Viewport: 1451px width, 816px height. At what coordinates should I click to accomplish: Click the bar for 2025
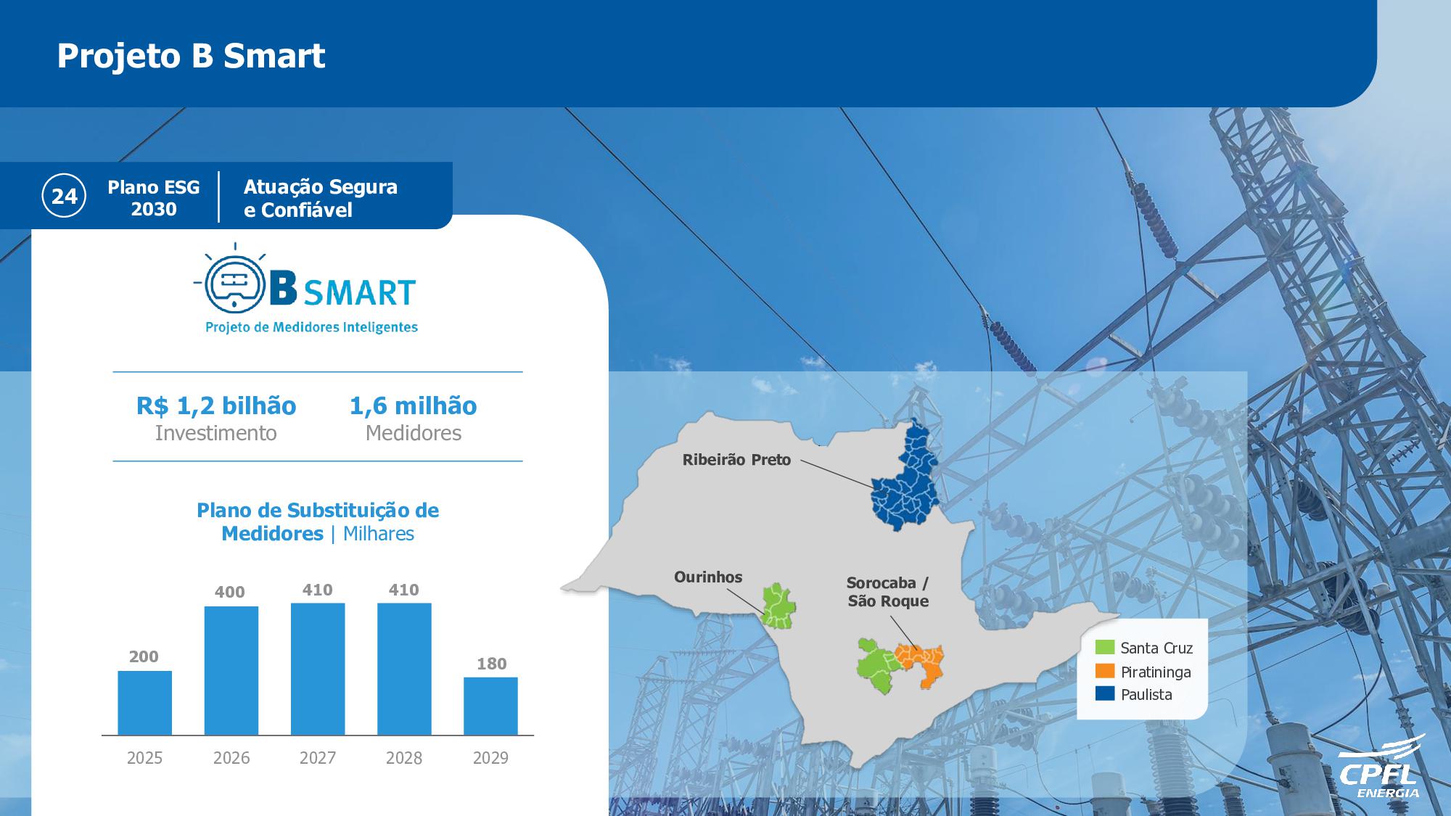[x=145, y=703]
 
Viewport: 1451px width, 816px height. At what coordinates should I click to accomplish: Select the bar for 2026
[x=231, y=671]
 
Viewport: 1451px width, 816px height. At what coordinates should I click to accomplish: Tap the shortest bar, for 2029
[x=491, y=706]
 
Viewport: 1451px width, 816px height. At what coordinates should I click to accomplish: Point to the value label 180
[x=491, y=664]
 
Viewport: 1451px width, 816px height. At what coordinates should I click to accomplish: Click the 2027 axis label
[x=318, y=758]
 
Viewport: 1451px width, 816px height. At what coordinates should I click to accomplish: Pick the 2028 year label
[x=404, y=758]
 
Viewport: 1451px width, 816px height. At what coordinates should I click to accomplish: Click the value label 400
[x=230, y=592]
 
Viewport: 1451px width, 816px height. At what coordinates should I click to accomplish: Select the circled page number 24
[x=65, y=196]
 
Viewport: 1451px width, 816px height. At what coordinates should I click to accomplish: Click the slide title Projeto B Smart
[x=192, y=56]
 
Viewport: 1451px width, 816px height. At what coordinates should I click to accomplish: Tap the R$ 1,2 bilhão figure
[x=216, y=405]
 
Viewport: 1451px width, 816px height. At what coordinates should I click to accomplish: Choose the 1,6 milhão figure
[x=414, y=405]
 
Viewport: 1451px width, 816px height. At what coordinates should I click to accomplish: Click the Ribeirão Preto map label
[x=736, y=460]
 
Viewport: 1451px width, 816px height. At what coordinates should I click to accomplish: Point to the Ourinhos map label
[x=708, y=577]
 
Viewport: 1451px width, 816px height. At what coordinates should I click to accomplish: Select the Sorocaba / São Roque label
[x=888, y=592]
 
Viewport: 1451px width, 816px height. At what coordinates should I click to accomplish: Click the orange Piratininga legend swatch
[x=1105, y=671]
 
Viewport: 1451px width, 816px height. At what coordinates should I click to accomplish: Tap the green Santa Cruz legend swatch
[x=1105, y=647]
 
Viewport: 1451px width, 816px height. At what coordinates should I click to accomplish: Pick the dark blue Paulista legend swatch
[x=1105, y=693]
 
